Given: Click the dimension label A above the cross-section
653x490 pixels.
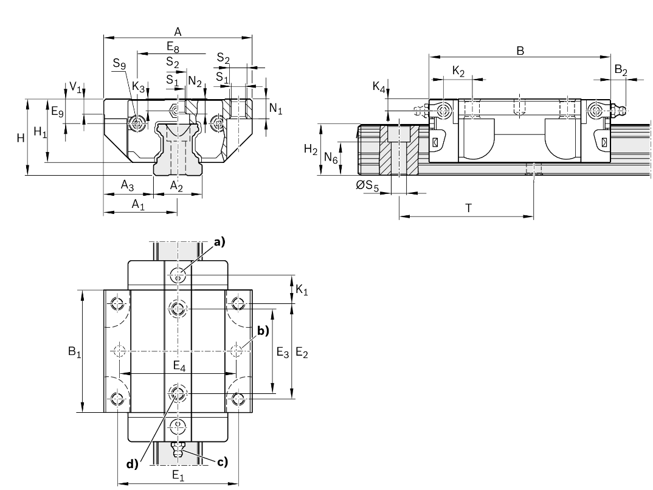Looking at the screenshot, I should coord(178,31).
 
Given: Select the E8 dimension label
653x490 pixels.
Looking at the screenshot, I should coord(173,46).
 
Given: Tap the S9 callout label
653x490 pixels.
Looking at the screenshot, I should coord(119,63).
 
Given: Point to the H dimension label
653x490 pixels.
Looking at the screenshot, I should coord(21,139).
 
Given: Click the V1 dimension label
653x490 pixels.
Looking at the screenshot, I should coord(75,88).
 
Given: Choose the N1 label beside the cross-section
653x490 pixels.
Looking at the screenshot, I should coord(276,109).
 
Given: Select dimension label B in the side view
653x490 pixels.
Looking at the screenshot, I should coord(520,51).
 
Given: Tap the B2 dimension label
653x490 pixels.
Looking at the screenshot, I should coord(621,71).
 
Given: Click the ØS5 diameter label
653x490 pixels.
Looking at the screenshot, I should coord(367,187).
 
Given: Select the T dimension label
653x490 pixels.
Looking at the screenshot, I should coord(468,207).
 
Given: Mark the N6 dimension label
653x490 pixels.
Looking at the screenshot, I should coord(331,158).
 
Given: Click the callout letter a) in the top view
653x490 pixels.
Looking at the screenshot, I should coord(218,242).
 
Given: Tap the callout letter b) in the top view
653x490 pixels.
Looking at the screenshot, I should coord(263,331).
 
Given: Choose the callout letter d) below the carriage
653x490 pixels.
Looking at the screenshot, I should coord(133,464).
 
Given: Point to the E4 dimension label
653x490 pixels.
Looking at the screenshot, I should coord(179,365).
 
